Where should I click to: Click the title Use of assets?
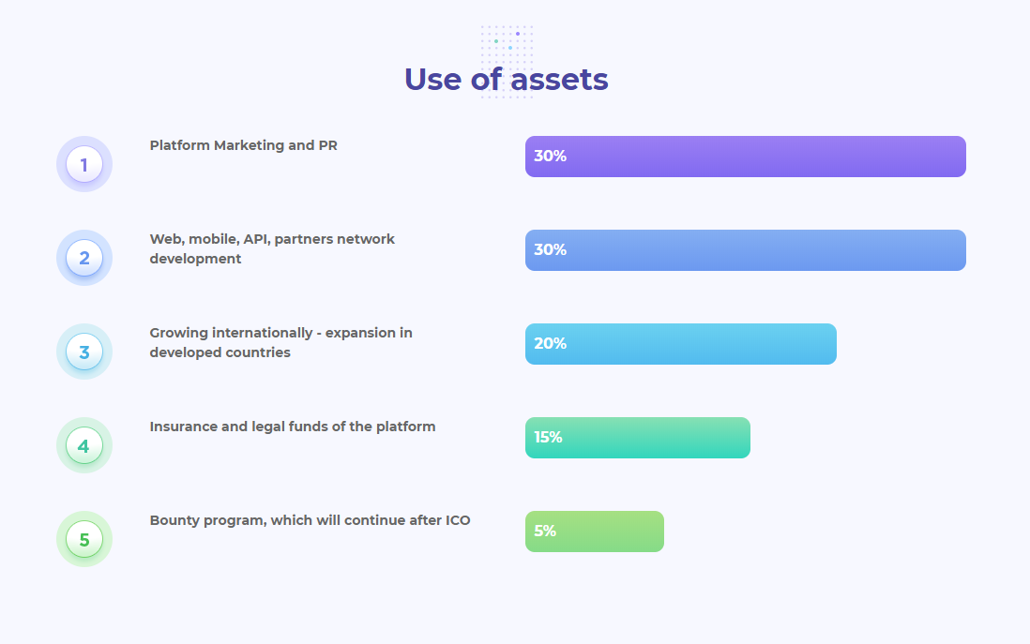coord(506,80)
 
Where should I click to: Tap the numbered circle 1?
coord(84,164)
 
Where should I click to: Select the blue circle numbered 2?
coord(84,258)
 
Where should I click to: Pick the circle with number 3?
coord(84,352)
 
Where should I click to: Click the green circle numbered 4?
coord(84,446)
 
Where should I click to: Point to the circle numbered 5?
coord(84,540)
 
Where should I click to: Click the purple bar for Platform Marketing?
coord(746,157)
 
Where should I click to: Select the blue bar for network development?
coord(746,250)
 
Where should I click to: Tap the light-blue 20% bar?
coord(680,344)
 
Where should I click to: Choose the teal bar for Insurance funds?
coord(637,438)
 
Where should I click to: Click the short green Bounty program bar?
coord(595,532)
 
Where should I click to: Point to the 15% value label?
coord(548,437)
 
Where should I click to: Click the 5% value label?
coord(545,532)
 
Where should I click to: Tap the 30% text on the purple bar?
coord(550,157)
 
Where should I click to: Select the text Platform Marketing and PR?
coord(243,145)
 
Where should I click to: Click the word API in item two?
coord(255,239)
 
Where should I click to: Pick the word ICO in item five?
coord(458,520)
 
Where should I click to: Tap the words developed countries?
coord(220,352)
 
